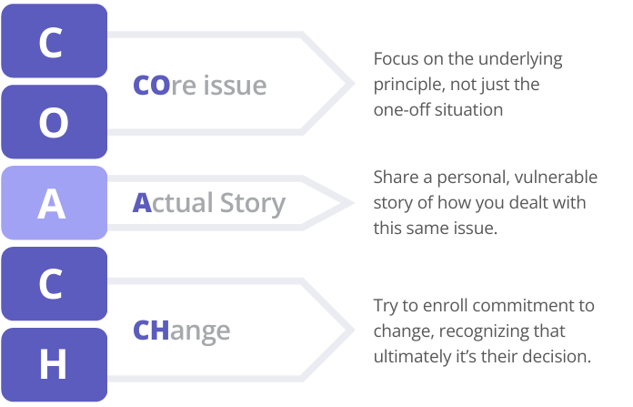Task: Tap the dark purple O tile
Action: pos(54,122)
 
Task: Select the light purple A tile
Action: pos(54,204)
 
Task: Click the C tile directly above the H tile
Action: pos(54,284)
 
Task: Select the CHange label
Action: pos(181,330)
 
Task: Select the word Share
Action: pos(396,177)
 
